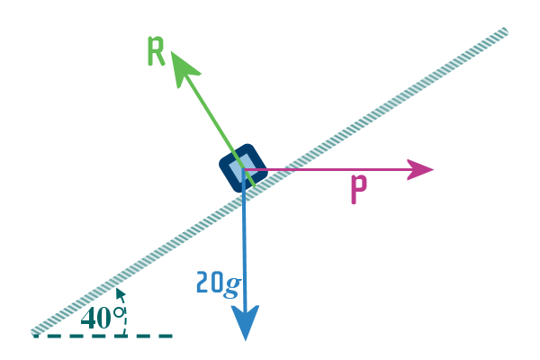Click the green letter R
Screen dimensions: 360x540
click(157, 52)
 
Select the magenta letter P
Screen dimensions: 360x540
click(358, 191)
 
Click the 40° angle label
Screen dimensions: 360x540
click(101, 317)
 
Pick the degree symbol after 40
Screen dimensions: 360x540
click(117, 310)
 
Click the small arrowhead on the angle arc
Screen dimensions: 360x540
click(119, 293)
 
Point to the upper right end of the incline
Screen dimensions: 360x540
click(504, 32)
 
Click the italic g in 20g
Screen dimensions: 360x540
click(232, 285)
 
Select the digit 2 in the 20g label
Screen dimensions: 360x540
click(203, 283)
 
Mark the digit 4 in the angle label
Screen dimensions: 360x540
click(88, 318)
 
